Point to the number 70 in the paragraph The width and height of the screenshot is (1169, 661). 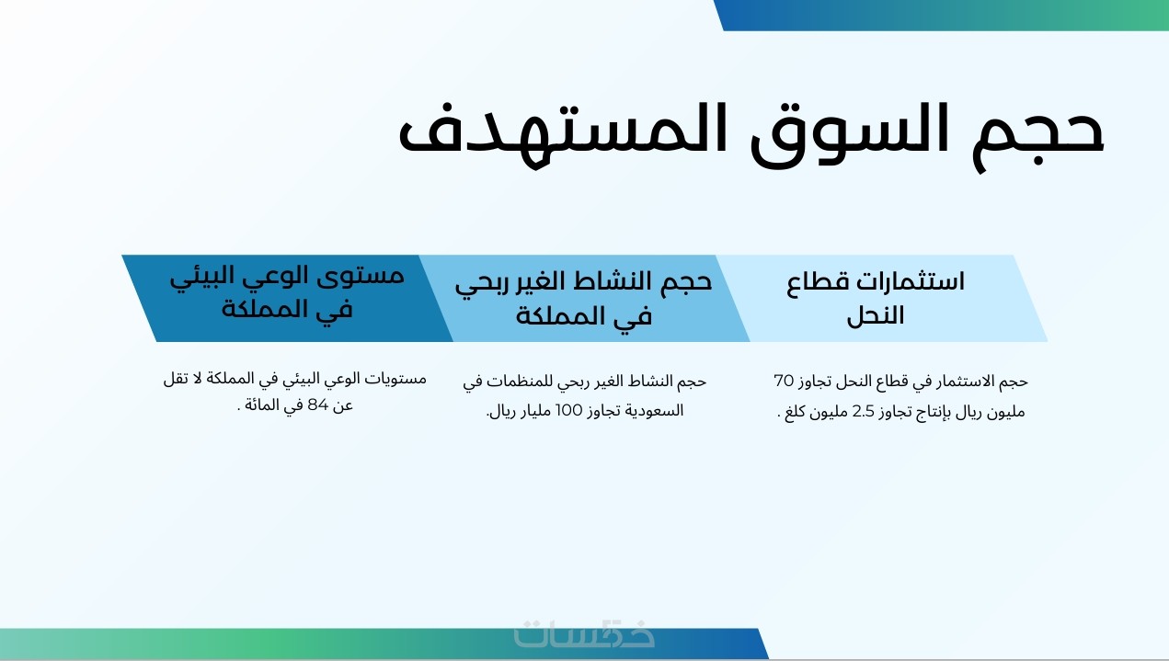pos(784,381)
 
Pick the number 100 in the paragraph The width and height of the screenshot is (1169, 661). pos(568,411)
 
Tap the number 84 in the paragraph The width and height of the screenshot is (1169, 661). pos(317,405)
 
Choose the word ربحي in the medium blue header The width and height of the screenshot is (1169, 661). pos(476,284)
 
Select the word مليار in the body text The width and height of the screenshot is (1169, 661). pos(535,411)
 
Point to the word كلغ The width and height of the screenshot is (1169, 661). pos(795,412)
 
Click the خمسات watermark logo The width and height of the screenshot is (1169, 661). pos(584,633)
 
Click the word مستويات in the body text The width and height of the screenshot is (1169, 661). pos(395,379)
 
